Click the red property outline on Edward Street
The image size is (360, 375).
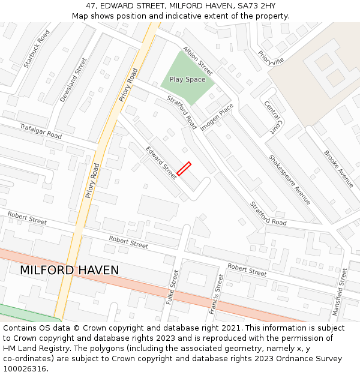pos(184,169)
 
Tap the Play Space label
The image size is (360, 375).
pos(187,79)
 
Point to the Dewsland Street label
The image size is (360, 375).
pos(73,80)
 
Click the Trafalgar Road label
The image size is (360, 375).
pos(41,131)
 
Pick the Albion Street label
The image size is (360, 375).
pos(198,61)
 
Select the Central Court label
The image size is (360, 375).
pos(273,117)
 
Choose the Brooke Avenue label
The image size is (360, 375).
pos(339,169)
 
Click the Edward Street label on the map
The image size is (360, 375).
pos(161,162)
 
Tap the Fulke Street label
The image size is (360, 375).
pos(172,287)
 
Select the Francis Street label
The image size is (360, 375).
pos(217,294)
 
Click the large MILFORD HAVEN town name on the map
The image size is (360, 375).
pos(70,270)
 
